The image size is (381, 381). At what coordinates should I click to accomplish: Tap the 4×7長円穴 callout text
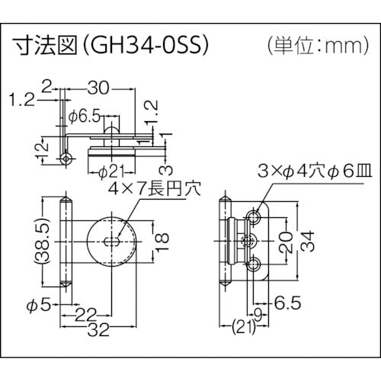(x=147, y=188)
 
